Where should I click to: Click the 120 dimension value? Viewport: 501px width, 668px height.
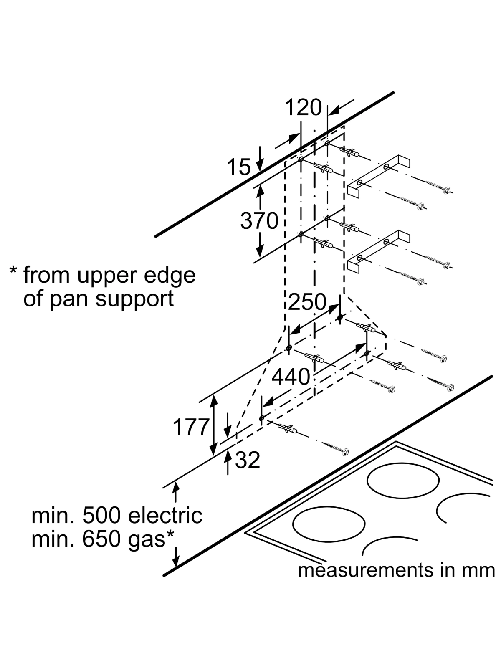coord(304,107)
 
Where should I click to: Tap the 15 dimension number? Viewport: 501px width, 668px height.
coord(238,167)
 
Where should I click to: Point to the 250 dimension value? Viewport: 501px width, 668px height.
coord(307,301)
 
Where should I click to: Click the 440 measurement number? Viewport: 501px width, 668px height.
coord(291,377)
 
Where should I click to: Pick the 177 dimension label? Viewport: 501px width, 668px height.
coord(190,427)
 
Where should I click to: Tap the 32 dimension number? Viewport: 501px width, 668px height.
coord(248,460)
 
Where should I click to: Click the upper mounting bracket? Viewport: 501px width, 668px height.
coord(378,176)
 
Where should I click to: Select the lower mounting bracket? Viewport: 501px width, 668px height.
coord(378,250)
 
